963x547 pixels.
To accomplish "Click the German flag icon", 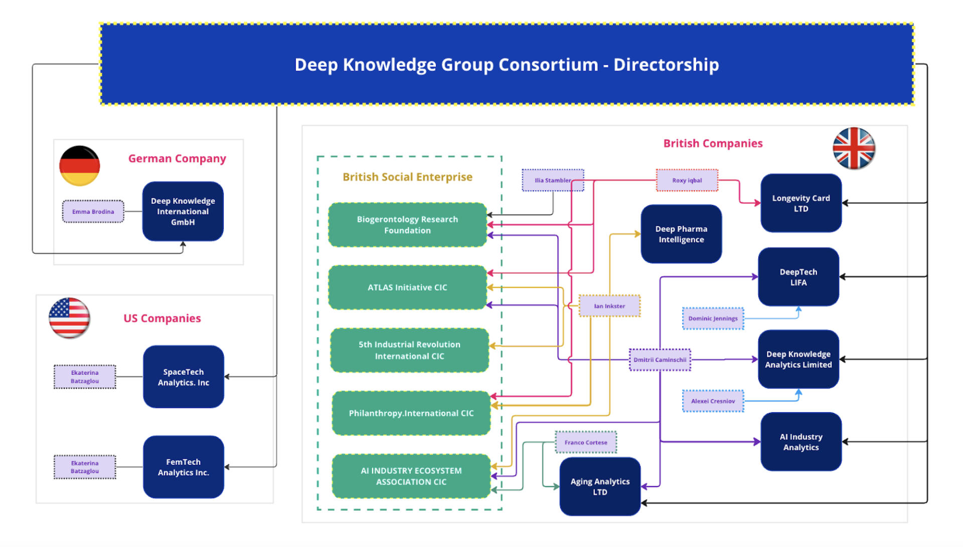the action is point(80,166).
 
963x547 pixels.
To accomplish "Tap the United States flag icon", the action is point(69,318).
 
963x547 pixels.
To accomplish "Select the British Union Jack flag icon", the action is point(854,148).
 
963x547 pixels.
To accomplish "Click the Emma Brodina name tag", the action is point(93,211).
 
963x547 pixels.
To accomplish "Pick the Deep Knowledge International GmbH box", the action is point(183,211).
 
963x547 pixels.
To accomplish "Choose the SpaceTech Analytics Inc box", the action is point(184,377).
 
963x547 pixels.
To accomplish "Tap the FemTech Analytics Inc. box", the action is point(184,467).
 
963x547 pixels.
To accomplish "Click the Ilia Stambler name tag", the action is point(553,180).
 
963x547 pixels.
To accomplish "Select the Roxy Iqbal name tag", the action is point(687,180).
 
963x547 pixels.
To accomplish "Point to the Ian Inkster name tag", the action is point(610,306).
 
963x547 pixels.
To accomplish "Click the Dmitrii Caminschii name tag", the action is point(660,360).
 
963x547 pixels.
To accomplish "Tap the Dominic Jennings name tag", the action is point(713,319).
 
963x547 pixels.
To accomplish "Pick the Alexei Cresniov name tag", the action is point(713,401).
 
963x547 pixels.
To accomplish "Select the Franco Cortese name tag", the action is point(586,442).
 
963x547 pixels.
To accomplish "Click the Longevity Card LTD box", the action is point(801,203).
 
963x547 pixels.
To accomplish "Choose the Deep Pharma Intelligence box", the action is point(681,234).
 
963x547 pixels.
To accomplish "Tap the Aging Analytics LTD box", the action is point(600,486).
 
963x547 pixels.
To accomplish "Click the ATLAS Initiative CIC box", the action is point(407,288).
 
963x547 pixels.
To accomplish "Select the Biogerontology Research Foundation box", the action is point(407,225).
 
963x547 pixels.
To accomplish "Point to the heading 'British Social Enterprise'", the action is point(407,177).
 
